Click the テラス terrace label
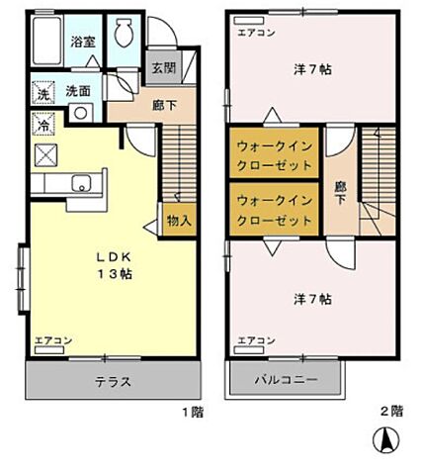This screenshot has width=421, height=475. tap(114, 382)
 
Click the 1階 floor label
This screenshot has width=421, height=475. tap(194, 410)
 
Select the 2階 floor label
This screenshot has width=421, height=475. tap(391, 410)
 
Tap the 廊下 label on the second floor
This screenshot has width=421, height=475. tap(341, 191)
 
